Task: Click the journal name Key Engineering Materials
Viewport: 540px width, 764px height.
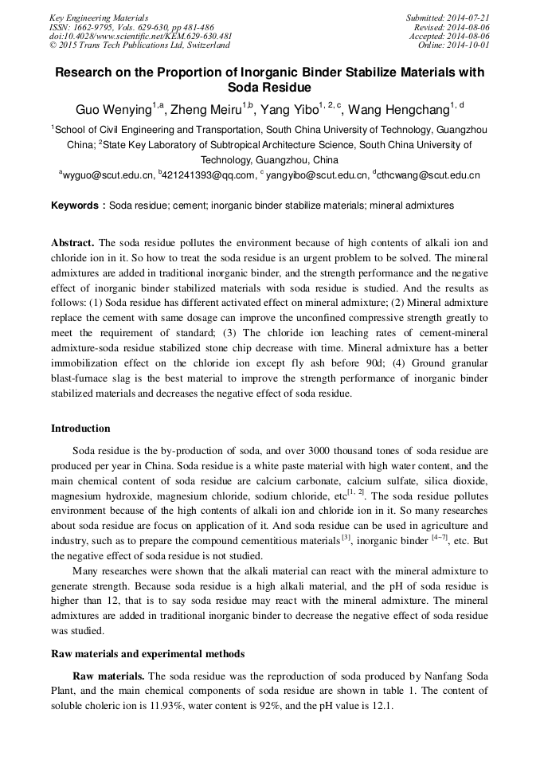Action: point(98,18)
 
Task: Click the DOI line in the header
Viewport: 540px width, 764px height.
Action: point(140,36)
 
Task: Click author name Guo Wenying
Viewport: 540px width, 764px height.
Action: point(113,110)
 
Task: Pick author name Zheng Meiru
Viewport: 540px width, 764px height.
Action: point(209,110)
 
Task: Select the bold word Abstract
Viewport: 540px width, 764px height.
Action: point(72,242)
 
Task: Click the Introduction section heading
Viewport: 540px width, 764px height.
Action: point(80,429)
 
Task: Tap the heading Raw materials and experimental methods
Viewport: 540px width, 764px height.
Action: point(148,654)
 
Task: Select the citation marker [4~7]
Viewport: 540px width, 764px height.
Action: point(440,539)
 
